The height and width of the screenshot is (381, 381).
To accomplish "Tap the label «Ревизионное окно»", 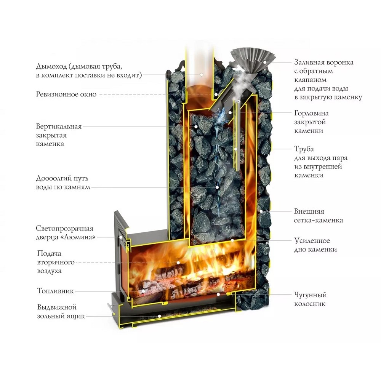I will (66, 94).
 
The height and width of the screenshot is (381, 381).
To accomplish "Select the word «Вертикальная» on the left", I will (59, 126).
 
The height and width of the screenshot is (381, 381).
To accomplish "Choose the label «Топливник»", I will (55, 291).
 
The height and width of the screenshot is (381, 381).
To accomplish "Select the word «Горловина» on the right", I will (311, 113).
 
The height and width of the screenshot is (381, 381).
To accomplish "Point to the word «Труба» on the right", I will (304, 149).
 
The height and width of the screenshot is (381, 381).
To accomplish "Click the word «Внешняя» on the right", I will (309, 211).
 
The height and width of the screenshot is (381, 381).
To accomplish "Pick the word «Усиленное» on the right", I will (312, 241).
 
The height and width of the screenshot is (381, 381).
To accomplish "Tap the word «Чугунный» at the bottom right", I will (310, 295).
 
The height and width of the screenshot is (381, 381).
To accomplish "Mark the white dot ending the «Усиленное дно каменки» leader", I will (232, 241).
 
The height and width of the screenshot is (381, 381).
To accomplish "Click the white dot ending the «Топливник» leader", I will (144, 291).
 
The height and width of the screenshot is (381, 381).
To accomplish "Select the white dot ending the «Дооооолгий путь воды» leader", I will (217, 187).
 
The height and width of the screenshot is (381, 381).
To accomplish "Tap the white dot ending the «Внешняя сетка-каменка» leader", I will (261, 211).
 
